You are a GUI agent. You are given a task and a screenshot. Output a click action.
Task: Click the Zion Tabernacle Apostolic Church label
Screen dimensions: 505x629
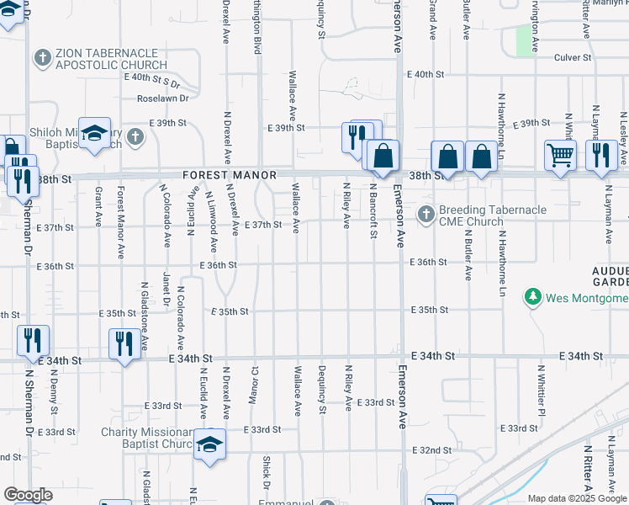[x=113, y=58]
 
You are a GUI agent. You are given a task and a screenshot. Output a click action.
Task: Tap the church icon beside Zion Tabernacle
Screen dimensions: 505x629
[x=43, y=58]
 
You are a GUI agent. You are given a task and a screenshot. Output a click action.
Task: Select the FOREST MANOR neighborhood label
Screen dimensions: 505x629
[x=230, y=175]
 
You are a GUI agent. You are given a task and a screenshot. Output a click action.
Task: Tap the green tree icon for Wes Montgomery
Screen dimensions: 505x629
[x=532, y=297]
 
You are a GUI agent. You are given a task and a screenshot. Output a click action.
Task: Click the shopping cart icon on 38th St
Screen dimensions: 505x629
[x=559, y=155]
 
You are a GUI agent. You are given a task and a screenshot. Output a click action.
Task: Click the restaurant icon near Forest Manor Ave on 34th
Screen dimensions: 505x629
[x=124, y=343]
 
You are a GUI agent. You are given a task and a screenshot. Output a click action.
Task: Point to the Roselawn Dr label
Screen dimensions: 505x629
[x=163, y=98]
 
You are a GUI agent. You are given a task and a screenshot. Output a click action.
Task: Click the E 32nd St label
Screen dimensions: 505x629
[x=431, y=450]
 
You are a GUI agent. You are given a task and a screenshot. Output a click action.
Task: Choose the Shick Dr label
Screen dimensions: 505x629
[x=266, y=473]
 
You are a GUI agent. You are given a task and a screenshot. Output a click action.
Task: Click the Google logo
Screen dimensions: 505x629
[x=28, y=495]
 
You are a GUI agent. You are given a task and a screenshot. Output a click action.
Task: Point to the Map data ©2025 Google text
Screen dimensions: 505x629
[x=577, y=498]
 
